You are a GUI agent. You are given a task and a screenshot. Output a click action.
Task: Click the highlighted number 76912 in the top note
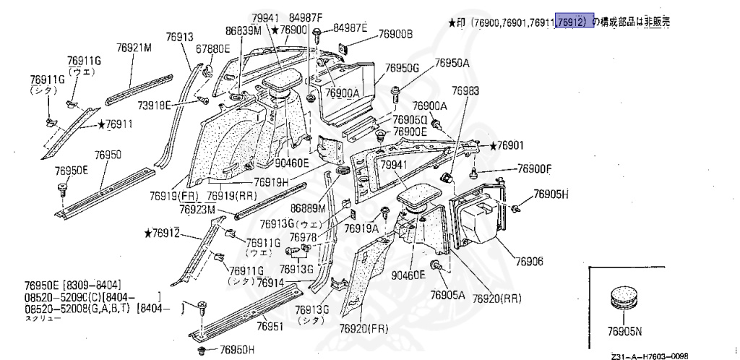pos(575,22)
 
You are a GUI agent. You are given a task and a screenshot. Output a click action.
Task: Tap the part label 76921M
pos(135,48)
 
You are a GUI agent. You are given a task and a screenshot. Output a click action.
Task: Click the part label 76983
pos(465,91)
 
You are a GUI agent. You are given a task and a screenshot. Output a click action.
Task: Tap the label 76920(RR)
pos(497,298)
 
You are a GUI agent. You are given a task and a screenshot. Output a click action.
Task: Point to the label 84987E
pos(350,29)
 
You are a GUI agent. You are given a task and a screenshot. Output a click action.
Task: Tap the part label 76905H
pos(551,194)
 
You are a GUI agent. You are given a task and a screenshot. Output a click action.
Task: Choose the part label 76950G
pos(402,68)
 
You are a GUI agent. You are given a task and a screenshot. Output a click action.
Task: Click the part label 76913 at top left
pos(179,37)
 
